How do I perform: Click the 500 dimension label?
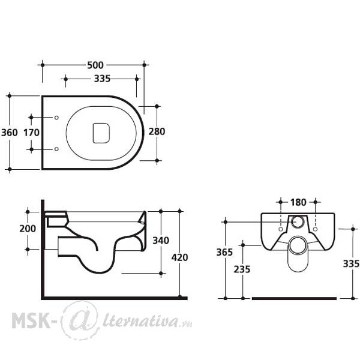(x=95, y=65)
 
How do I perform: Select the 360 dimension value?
(x=10, y=133)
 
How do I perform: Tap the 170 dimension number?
(x=31, y=133)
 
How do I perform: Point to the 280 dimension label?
(x=157, y=131)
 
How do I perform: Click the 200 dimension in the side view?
(x=28, y=229)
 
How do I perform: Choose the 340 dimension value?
(x=161, y=241)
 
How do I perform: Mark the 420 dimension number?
(x=180, y=257)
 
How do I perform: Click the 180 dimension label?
(x=298, y=202)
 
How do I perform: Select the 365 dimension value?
(x=224, y=252)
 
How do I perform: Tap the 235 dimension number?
(x=242, y=269)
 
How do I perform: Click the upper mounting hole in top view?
(x=56, y=118)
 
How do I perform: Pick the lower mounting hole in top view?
(x=56, y=149)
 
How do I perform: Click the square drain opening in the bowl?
(x=101, y=133)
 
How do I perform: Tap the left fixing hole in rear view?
(x=280, y=229)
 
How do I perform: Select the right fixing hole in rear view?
(x=315, y=229)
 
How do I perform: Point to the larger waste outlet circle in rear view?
(x=298, y=238)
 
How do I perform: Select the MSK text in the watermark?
(x=31, y=320)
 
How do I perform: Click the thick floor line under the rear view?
(x=294, y=298)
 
